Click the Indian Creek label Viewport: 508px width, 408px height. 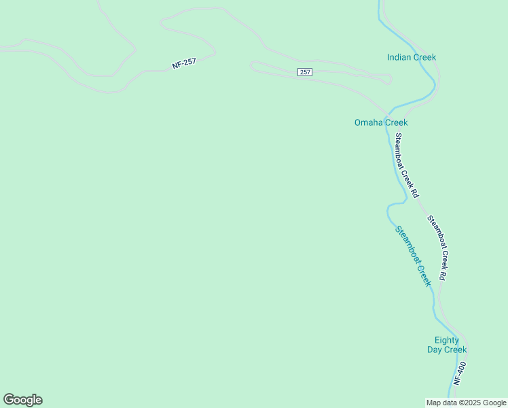412,57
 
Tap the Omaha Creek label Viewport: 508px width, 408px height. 381,122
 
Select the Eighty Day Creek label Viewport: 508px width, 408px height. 447,345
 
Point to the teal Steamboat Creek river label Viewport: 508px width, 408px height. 414,256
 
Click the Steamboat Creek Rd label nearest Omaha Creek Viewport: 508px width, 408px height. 405,165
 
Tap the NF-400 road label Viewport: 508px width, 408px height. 460,374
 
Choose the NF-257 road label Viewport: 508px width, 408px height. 184,63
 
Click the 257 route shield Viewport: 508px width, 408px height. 305,72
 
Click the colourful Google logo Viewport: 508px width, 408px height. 22,400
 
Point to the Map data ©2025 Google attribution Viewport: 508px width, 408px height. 467,403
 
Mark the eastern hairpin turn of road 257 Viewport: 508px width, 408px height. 390,80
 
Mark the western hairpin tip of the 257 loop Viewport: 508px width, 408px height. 253,65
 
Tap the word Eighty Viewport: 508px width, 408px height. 447,340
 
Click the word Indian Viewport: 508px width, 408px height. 399,57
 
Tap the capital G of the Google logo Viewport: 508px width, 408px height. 9,400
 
